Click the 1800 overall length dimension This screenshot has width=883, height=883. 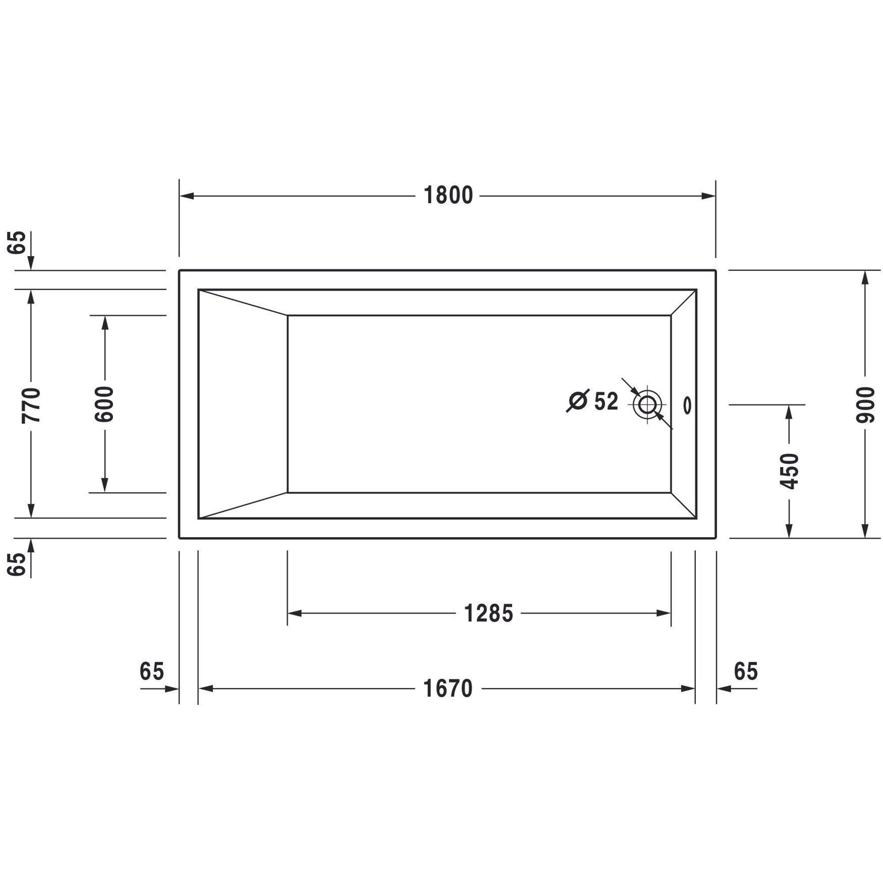pos(448,196)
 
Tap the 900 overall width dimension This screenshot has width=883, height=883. pos(864,404)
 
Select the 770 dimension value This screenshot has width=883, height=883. pos(31,404)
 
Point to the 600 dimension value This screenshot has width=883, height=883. pos(104,404)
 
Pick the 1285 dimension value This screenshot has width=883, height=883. pos(488,613)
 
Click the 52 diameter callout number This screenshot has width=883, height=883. pos(606,401)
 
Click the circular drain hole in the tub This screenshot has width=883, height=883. pos(647,404)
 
